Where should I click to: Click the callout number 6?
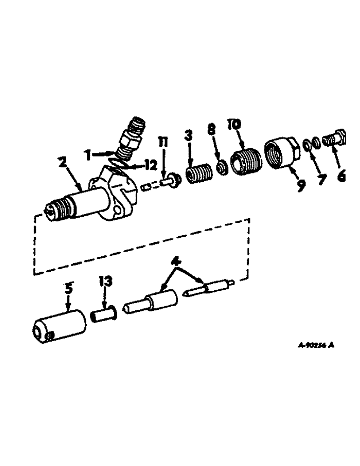[x=341, y=178]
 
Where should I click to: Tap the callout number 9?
[x=301, y=185]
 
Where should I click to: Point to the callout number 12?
[x=150, y=165]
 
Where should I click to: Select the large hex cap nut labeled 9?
[x=279, y=153]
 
